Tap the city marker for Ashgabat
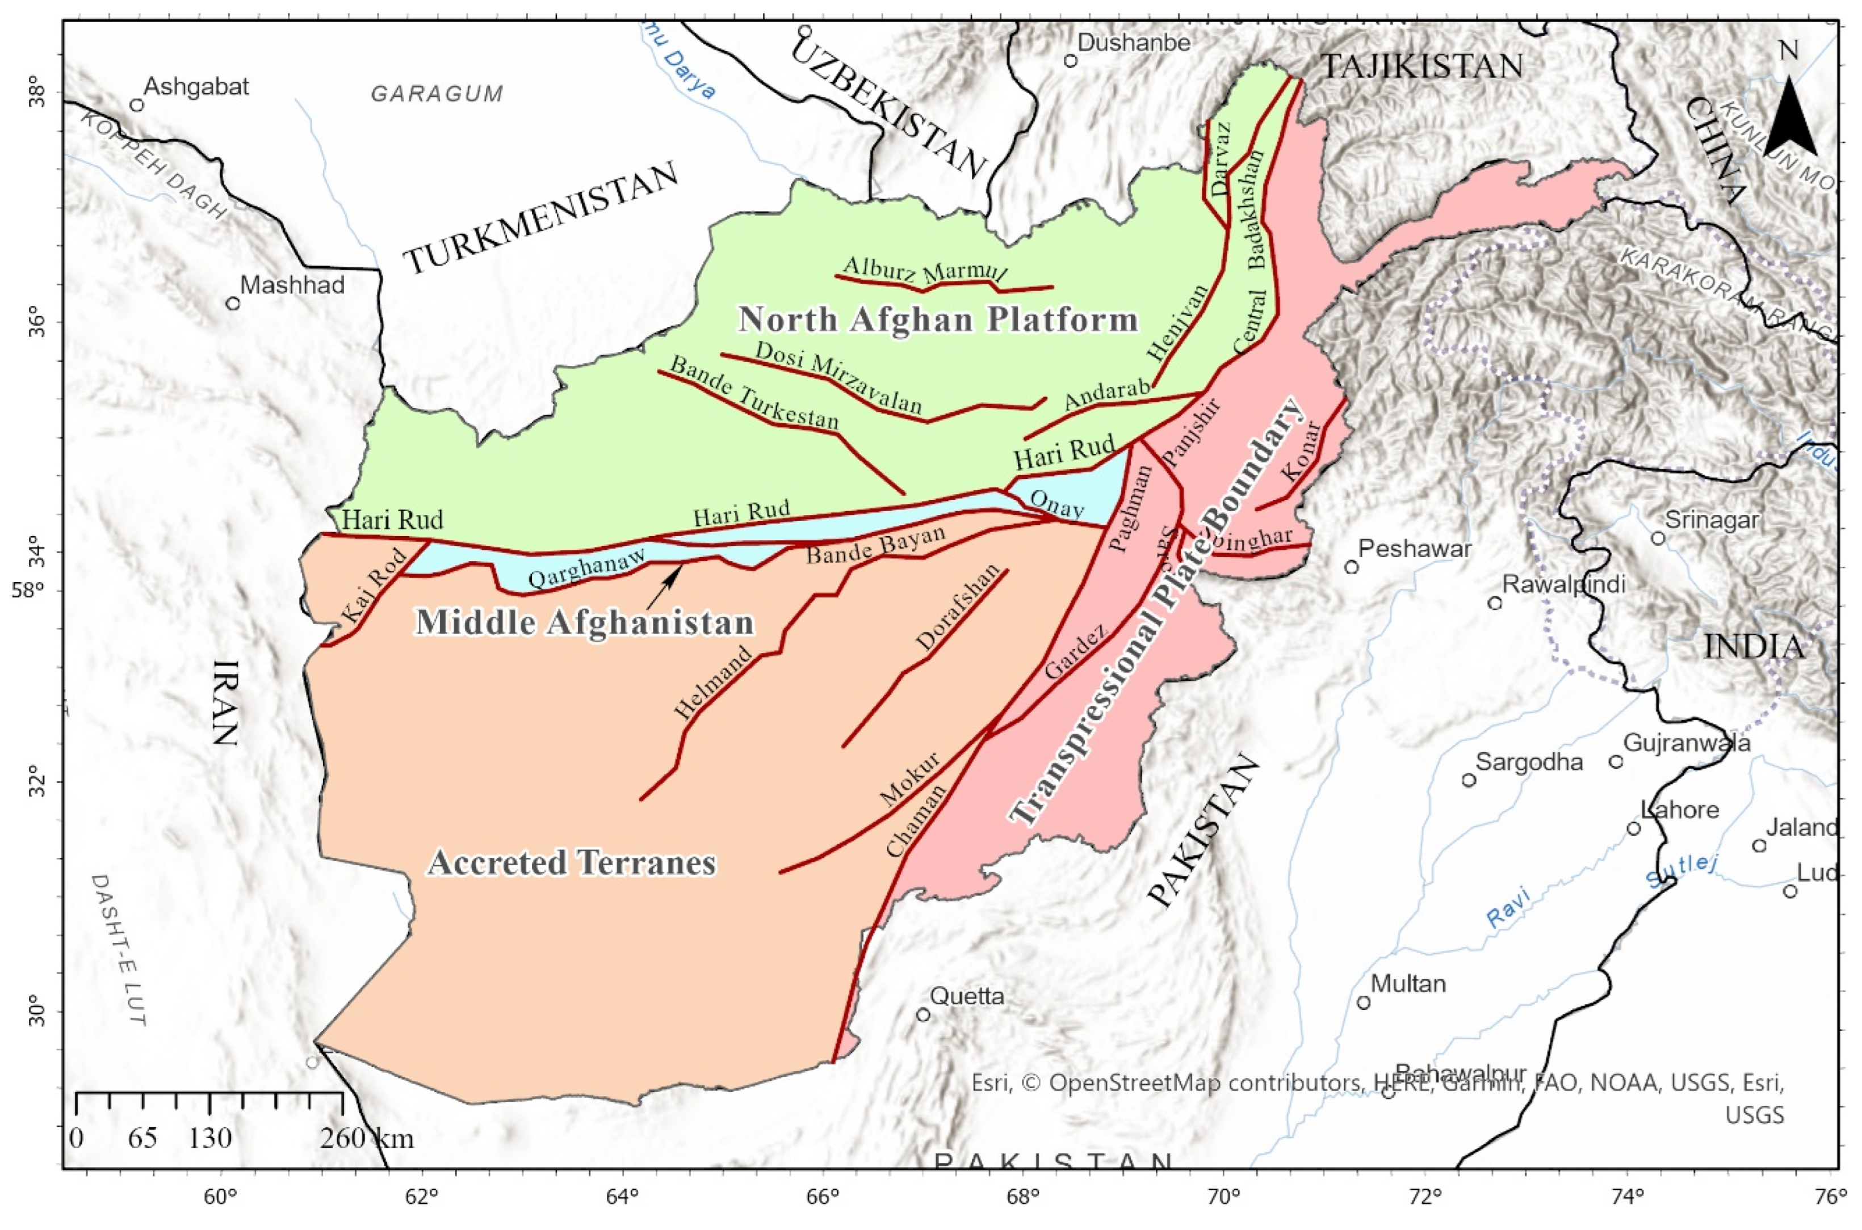[x=137, y=105]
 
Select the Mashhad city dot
[x=232, y=304]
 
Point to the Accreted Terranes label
[x=572, y=863]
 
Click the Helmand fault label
[x=714, y=682]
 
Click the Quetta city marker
[x=924, y=1015]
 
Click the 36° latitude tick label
[x=40, y=322]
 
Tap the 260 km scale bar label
[x=366, y=1138]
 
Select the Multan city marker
[x=1364, y=1002]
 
